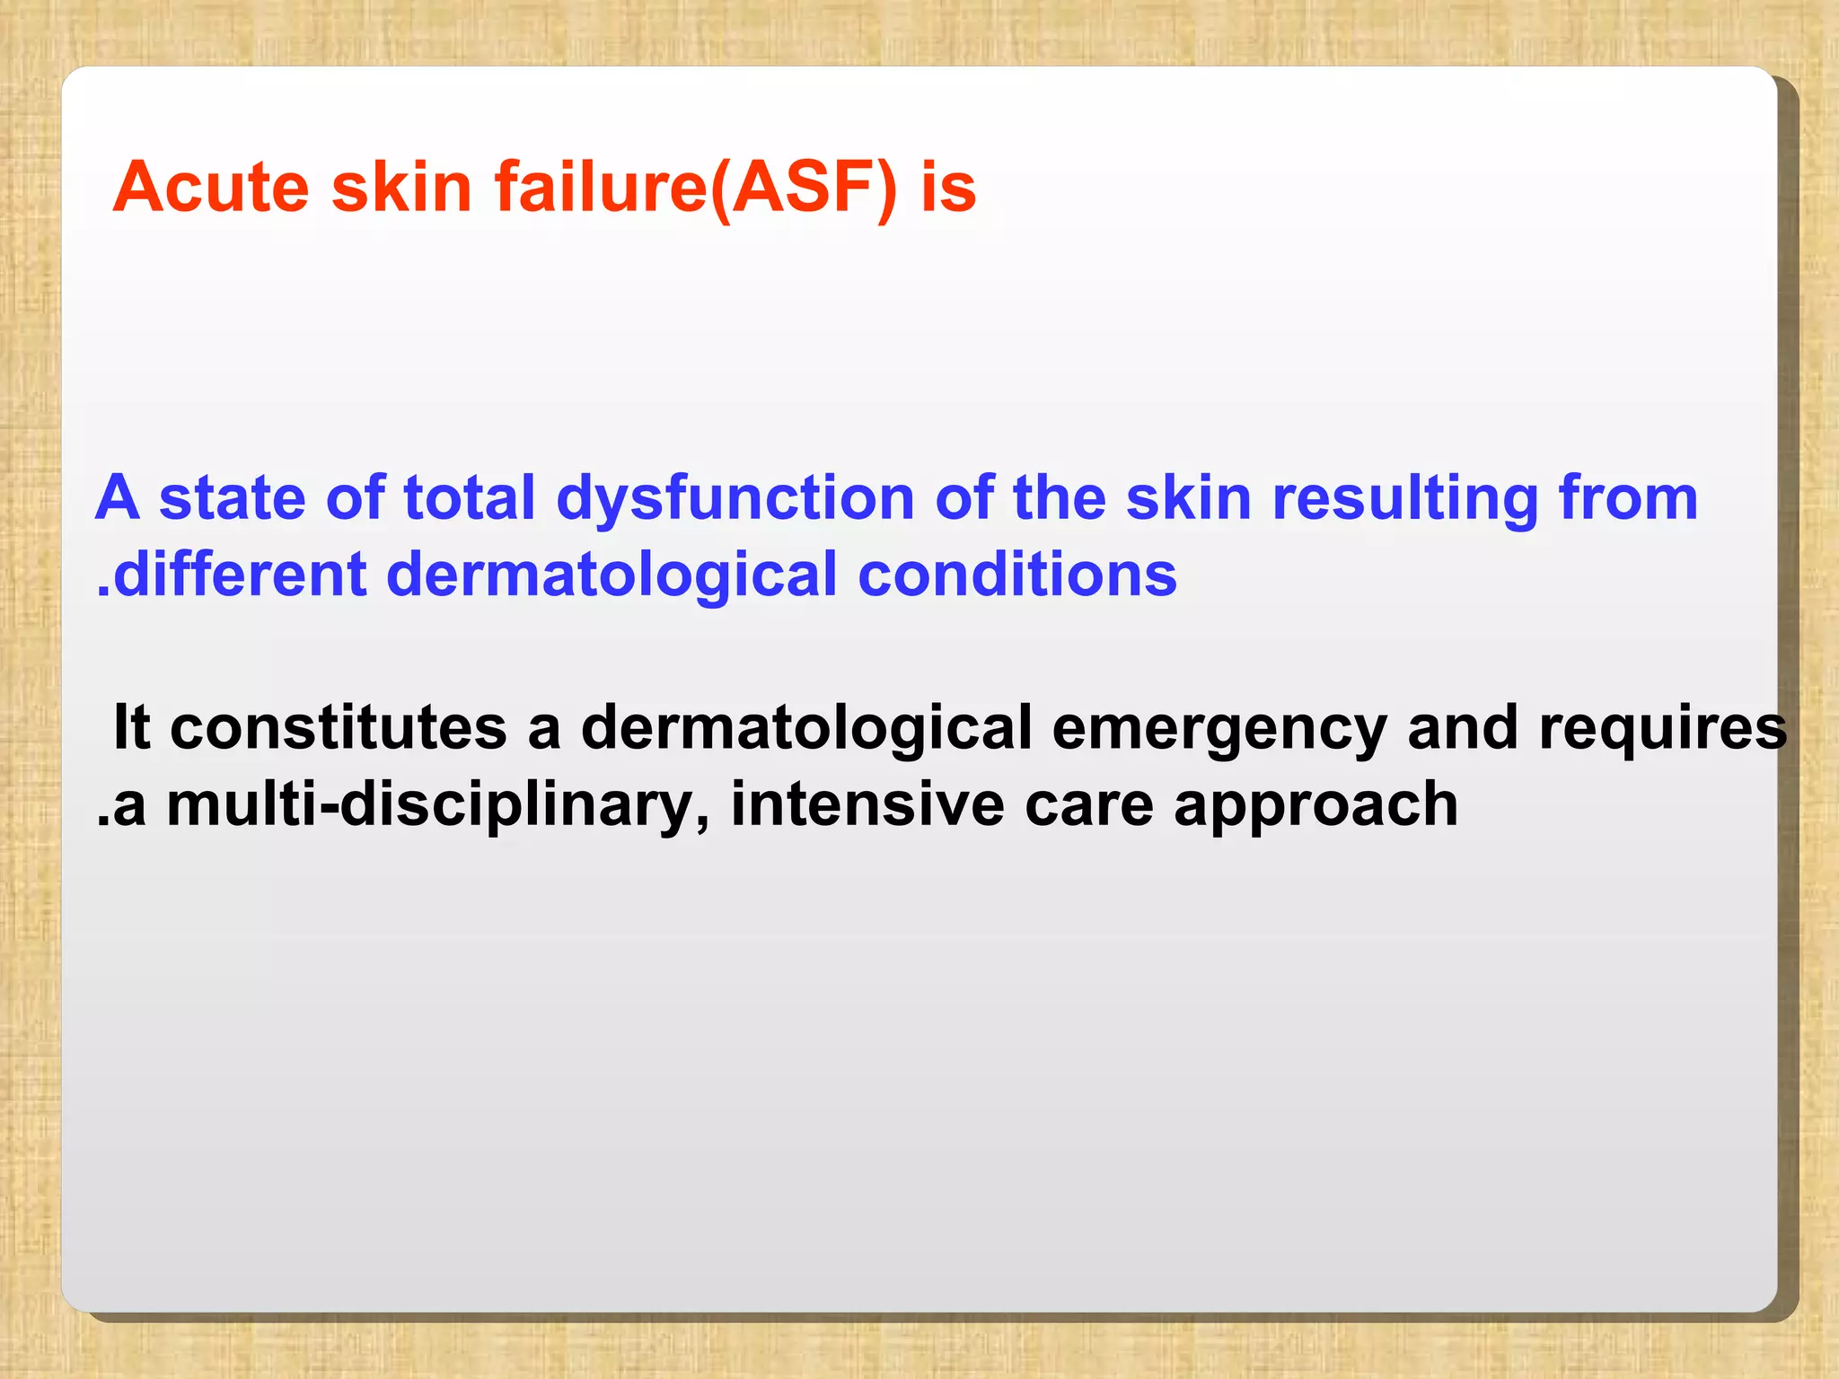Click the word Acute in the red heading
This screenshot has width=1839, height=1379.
[211, 188]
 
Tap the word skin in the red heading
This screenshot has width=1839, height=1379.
[401, 188]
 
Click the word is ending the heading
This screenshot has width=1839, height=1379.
[948, 188]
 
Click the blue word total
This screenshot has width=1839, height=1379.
[469, 498]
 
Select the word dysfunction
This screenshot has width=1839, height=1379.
[735, 500]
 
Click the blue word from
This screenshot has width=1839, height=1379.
[1627, 498]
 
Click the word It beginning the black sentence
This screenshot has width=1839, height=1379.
[131, 727]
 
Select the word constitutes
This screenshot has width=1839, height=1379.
[339, 727]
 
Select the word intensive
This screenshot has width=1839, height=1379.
[867, 804]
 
